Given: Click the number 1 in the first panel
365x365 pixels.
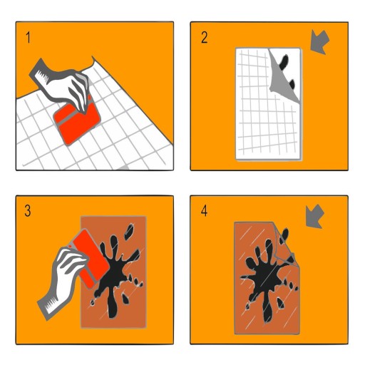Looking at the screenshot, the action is tap(29, 38).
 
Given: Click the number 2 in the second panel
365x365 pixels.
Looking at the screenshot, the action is tap(204, 38).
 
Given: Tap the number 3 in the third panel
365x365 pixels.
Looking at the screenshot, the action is tap(28, 211).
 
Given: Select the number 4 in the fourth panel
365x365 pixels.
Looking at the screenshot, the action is tap(204, 211).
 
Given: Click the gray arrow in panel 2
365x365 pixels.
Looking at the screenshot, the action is tap(319, 43).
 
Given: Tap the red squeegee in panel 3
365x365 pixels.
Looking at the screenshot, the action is tap(91, 258).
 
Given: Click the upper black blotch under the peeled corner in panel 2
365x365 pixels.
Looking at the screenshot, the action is tap(284, 62).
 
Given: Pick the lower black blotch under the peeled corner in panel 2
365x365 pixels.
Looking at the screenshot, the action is tap(292, 84).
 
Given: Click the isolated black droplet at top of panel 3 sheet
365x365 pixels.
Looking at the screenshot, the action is tap(130, 231).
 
